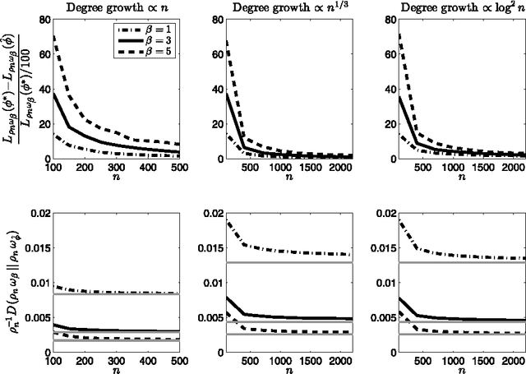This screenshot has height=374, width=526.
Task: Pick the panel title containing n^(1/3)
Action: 270,7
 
